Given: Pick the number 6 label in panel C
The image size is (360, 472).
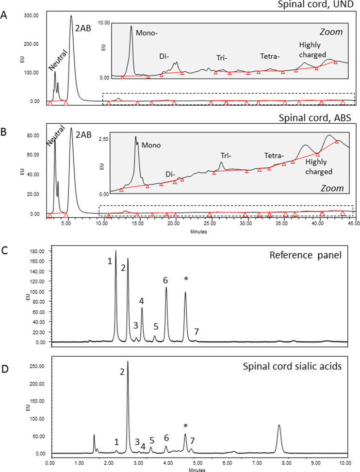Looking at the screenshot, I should (x=165, y=280).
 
